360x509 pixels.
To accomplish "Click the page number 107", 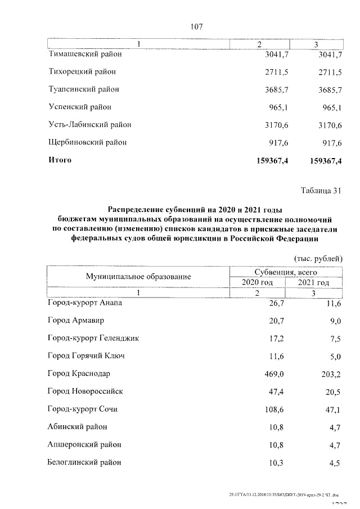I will [196, 26].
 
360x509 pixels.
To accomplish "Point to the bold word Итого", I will [60, 160].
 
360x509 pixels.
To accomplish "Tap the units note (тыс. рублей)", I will [318, 259].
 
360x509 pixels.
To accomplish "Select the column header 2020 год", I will [257, 282].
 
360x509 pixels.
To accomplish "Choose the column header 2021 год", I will [313, 282].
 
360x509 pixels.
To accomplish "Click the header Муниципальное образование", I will [138, 276].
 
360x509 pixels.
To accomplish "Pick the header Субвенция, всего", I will [286, 272].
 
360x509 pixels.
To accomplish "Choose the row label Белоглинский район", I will [84, 462].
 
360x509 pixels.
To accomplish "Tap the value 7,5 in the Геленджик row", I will [335, 339].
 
